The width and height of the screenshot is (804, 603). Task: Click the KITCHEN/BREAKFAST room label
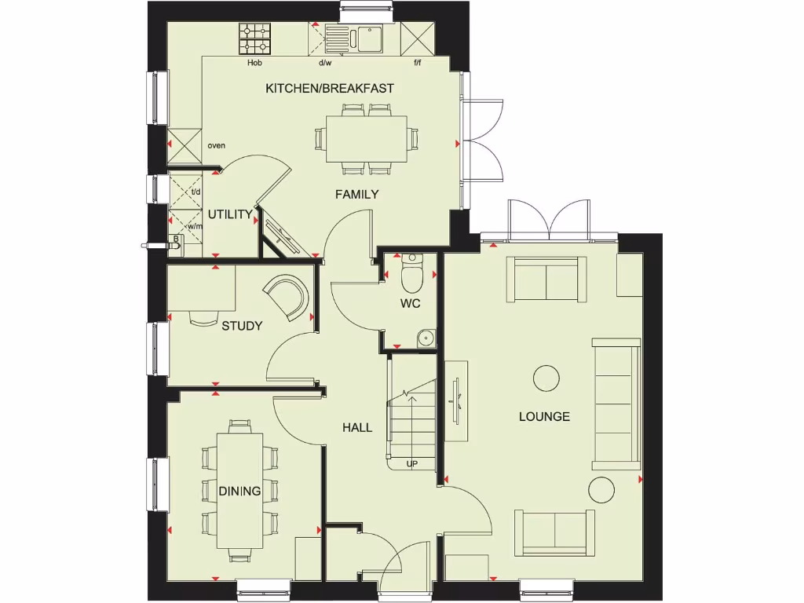pos(329,88)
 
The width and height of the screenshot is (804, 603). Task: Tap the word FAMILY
pos(357,194)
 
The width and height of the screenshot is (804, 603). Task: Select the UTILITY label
pos(230,214)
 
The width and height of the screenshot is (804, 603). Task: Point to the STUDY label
pos(241,326)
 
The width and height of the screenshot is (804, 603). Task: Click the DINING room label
pos(239,492)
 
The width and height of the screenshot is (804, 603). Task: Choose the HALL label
pos(357,427)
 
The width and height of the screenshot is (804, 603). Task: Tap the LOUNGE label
pos(544,416)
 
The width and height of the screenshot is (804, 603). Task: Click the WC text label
pos(410,302)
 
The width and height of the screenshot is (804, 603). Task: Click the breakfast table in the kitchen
pos(367,139)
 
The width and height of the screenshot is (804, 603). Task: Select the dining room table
pos(240,491)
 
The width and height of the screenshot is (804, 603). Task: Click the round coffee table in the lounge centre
pos(547,378)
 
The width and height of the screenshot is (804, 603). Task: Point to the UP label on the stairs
pos(411,464)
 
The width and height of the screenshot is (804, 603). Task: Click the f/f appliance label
pos(417,63)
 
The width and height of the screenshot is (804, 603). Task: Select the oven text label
pos(217,145)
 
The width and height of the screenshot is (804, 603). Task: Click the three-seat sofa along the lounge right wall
pos(616,404)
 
